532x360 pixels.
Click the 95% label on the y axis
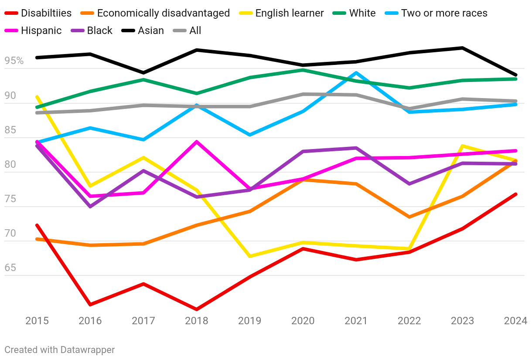click(14, 61)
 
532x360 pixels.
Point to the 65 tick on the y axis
click(10, 268)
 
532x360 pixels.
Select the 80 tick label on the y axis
click(10, 164)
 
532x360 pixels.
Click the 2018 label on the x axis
click(197, 321)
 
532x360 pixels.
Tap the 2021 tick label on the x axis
click(356, 321)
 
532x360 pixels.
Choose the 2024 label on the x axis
click(515, 321)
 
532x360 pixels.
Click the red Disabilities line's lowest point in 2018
click(197, 309)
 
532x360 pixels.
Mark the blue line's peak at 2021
click(356, 73)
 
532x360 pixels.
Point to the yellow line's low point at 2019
click(250, 256)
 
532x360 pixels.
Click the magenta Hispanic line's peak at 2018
click(197, 142)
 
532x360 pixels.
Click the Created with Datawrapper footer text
click(60, 350)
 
